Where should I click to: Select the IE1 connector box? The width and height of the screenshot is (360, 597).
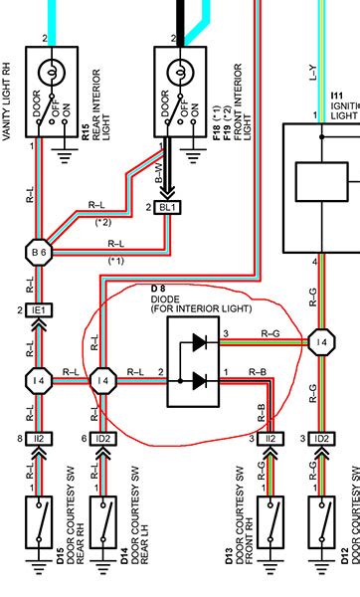39,310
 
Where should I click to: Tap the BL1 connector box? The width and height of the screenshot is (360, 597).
167,207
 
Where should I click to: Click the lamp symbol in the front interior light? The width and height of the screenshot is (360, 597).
178,72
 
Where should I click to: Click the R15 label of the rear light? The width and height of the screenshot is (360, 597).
87,128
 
